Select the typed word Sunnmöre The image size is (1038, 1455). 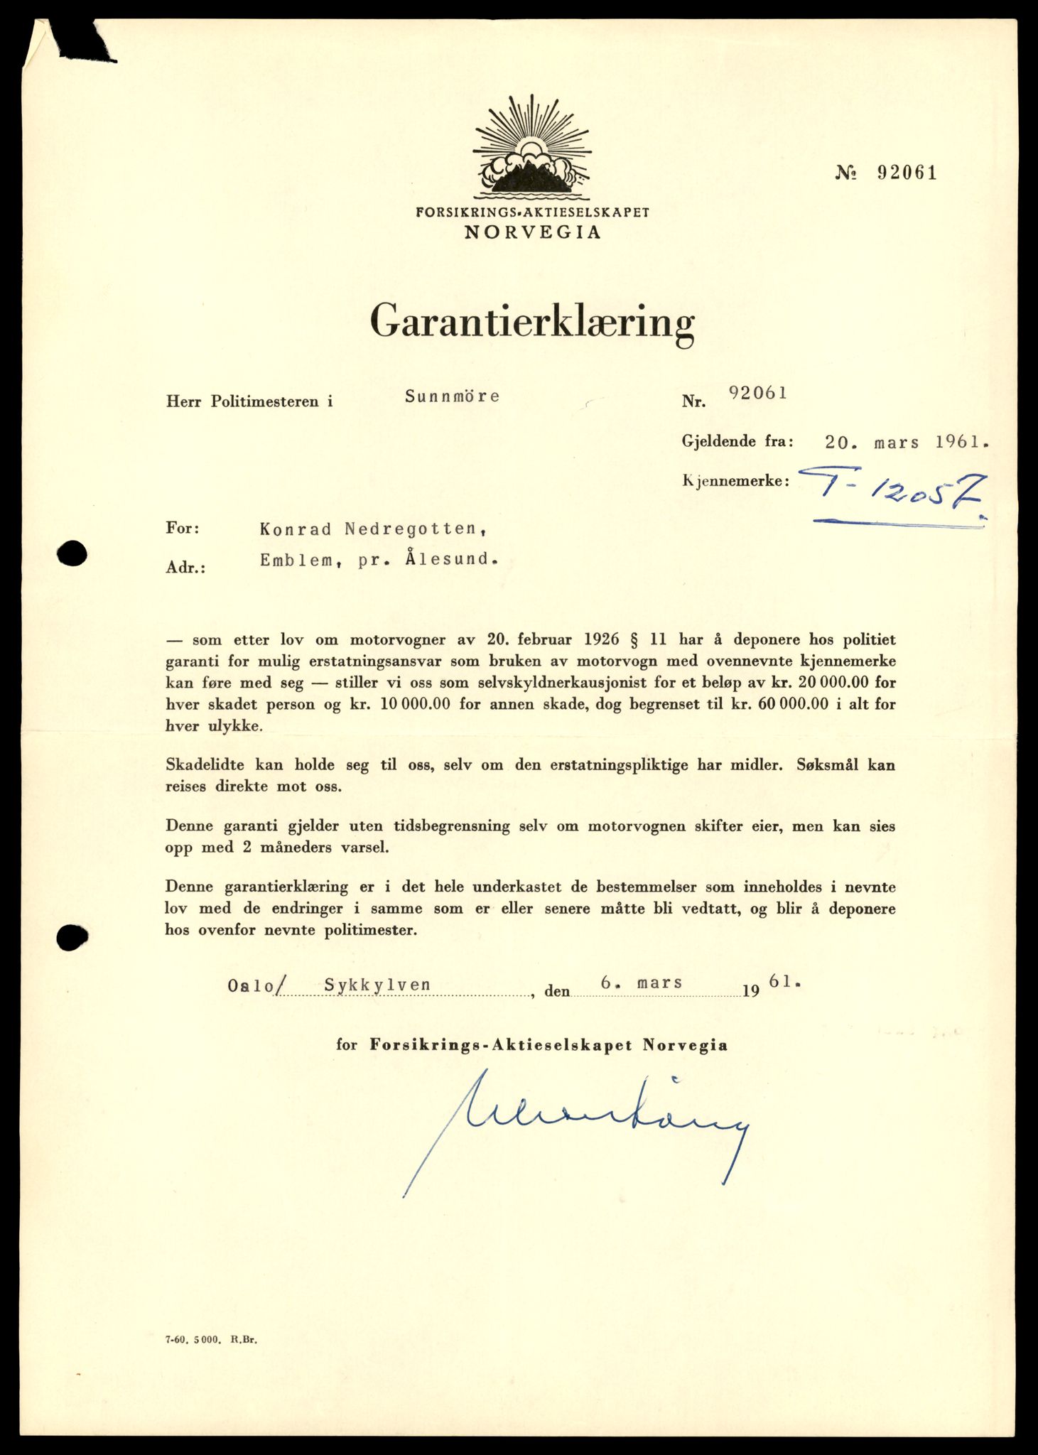tap(452, 396)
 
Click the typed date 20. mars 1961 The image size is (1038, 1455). tap(907, 442)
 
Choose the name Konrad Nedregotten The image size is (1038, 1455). tap(373, 529)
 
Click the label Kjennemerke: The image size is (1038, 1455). tap(736, 481)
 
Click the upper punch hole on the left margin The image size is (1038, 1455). tap(72, 553)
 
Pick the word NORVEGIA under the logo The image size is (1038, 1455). tap(532, 232)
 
